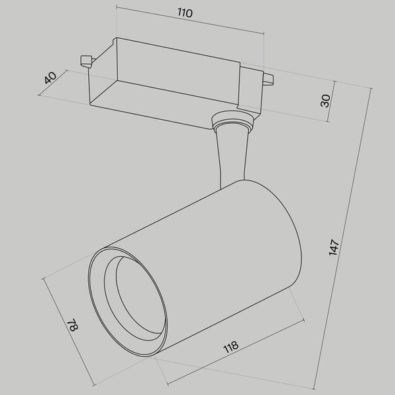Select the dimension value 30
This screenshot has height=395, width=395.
point(325,100)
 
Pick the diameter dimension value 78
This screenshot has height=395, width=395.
point(70,327)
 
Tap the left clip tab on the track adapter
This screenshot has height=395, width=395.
point(85,61)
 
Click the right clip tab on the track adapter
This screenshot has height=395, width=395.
point(267,80)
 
